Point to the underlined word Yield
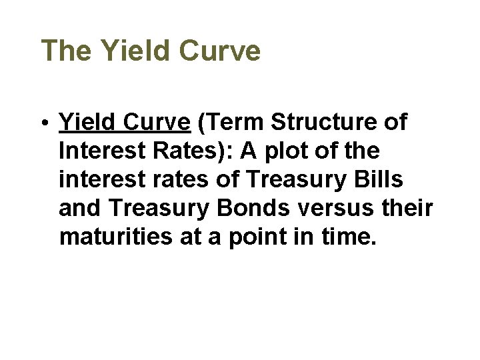[x=85, y=123]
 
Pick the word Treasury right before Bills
[x=303, y=180]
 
